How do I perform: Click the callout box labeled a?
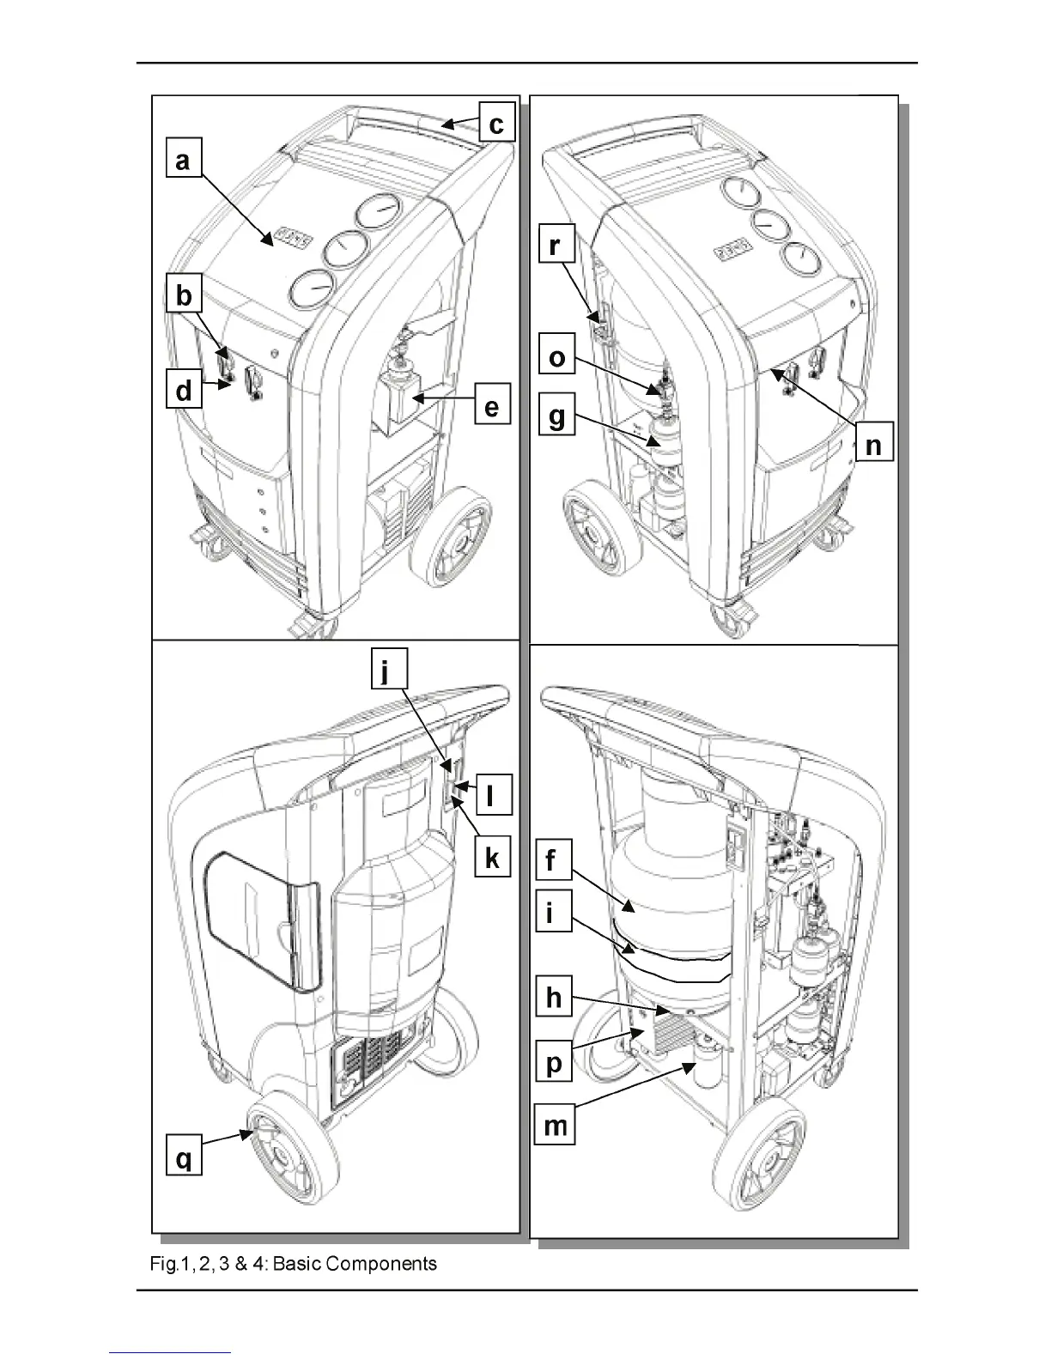[183, 161]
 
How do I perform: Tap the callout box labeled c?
[495, 124]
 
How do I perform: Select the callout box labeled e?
[491, 406]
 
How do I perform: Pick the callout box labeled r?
[556, 246]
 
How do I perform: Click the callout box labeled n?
[873, 446]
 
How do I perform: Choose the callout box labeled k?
[492, 858]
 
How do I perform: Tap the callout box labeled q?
[184, 1159]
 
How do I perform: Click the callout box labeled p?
[555, 1064]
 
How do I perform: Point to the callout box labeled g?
[557, 417]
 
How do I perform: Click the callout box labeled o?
[557, 356]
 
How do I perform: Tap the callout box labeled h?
[554, 997]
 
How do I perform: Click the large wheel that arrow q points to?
[283, 1151]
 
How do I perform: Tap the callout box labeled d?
[184, 392]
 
